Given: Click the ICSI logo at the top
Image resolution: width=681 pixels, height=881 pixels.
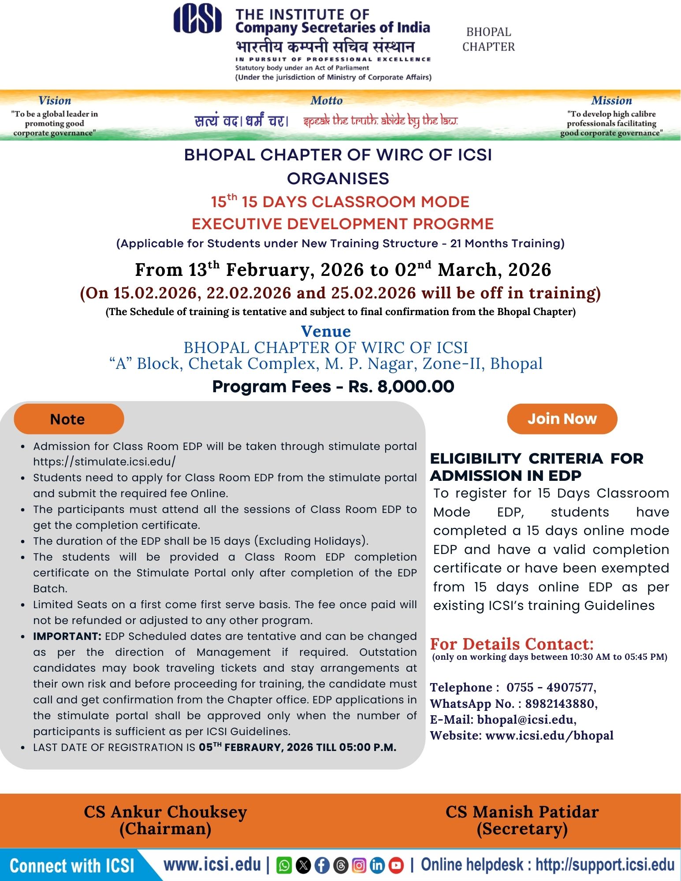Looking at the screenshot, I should pyautogui.click(x=197, y=19).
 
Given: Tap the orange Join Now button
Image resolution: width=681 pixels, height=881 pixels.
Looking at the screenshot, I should pyautogui.click(x=562, y=419).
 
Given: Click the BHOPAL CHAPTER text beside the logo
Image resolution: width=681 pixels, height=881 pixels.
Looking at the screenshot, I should pyautogui.click(x=488, y=39).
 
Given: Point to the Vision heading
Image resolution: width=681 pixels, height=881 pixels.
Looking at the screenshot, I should pyautogui.click(x=55, y=100).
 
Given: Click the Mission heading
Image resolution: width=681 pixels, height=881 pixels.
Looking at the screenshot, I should pyautogui.click(x=611, y=100).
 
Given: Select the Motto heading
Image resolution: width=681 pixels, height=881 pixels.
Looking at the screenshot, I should pyautogui.click(x=327, y=100).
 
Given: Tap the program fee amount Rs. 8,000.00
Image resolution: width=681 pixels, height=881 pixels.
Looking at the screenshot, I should pyautogui.click(x=401, y=387).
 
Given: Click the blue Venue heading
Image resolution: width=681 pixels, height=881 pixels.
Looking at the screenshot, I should pyautogui.click(x=326, y=331).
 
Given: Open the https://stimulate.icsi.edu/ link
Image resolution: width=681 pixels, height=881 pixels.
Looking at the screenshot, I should pyautogui.click(x=104, y=461).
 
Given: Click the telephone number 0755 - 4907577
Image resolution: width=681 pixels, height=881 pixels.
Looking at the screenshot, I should pyautogui.click(x=551, y=687).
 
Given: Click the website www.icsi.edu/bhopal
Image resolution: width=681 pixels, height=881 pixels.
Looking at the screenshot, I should pyautogui.click(x=549, y=735).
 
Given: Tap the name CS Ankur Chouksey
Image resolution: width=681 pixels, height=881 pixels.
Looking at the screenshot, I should pyautogui.click(x=165, y=812).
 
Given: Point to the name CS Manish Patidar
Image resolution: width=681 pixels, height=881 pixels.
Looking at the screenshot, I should pyautogui.click(x=522, y=812).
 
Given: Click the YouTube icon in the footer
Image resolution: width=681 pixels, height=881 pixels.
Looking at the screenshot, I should pyautogui.click(x=396, y=866).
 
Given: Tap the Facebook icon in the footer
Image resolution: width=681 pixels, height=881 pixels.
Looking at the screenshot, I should pyautogui.click(x=322, y=866).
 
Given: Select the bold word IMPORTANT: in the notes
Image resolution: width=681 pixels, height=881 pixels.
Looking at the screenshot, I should pyautogui.click(x=67, y=636).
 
